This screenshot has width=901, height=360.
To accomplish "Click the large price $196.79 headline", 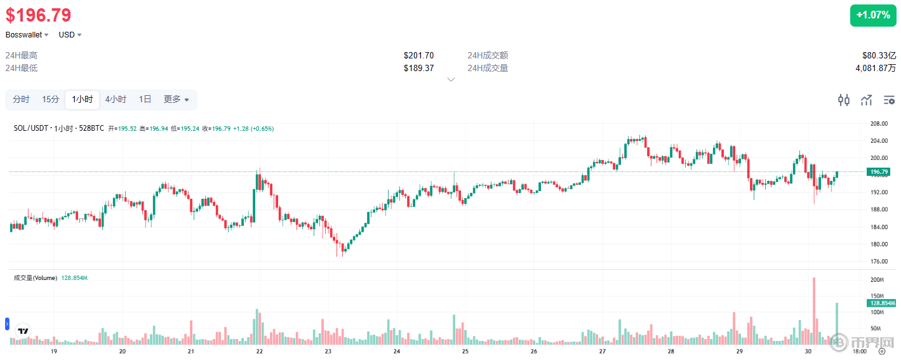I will tap(39, 15).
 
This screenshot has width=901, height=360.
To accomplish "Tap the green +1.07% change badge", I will tap(872, 15).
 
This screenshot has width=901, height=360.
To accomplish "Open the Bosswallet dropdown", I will tap(27, 35).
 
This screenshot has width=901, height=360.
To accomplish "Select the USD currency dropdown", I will tap(70, 35).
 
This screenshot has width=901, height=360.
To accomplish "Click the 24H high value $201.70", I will tap(418, 56).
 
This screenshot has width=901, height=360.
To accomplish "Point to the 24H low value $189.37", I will tap(418, 68).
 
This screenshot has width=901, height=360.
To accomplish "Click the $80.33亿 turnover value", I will tap(879, 56).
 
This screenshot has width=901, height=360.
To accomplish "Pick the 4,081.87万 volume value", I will tap(876, 68).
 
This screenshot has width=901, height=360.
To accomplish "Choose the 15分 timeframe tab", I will tap(51, 100).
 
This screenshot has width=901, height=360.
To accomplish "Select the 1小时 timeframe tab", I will tap(83, 100).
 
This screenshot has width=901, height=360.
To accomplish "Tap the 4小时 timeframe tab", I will tap(116, 100).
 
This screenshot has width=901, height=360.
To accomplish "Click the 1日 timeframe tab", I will tap(145, 100).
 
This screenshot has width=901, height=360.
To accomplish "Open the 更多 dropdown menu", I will tap(176, 100).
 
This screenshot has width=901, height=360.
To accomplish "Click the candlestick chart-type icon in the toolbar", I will tap(844, 100).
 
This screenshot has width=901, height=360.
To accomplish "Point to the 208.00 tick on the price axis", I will tap(879, 124).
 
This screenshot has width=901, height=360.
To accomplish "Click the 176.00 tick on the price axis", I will tap(879, 262).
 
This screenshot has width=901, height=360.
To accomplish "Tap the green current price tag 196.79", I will tap(879, 172).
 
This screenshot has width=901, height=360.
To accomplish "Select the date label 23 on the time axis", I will tap(328, 351).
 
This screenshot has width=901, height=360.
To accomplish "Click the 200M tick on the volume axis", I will tap(878, 280).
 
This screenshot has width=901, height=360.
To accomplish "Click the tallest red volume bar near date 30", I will tap(814, 311).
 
